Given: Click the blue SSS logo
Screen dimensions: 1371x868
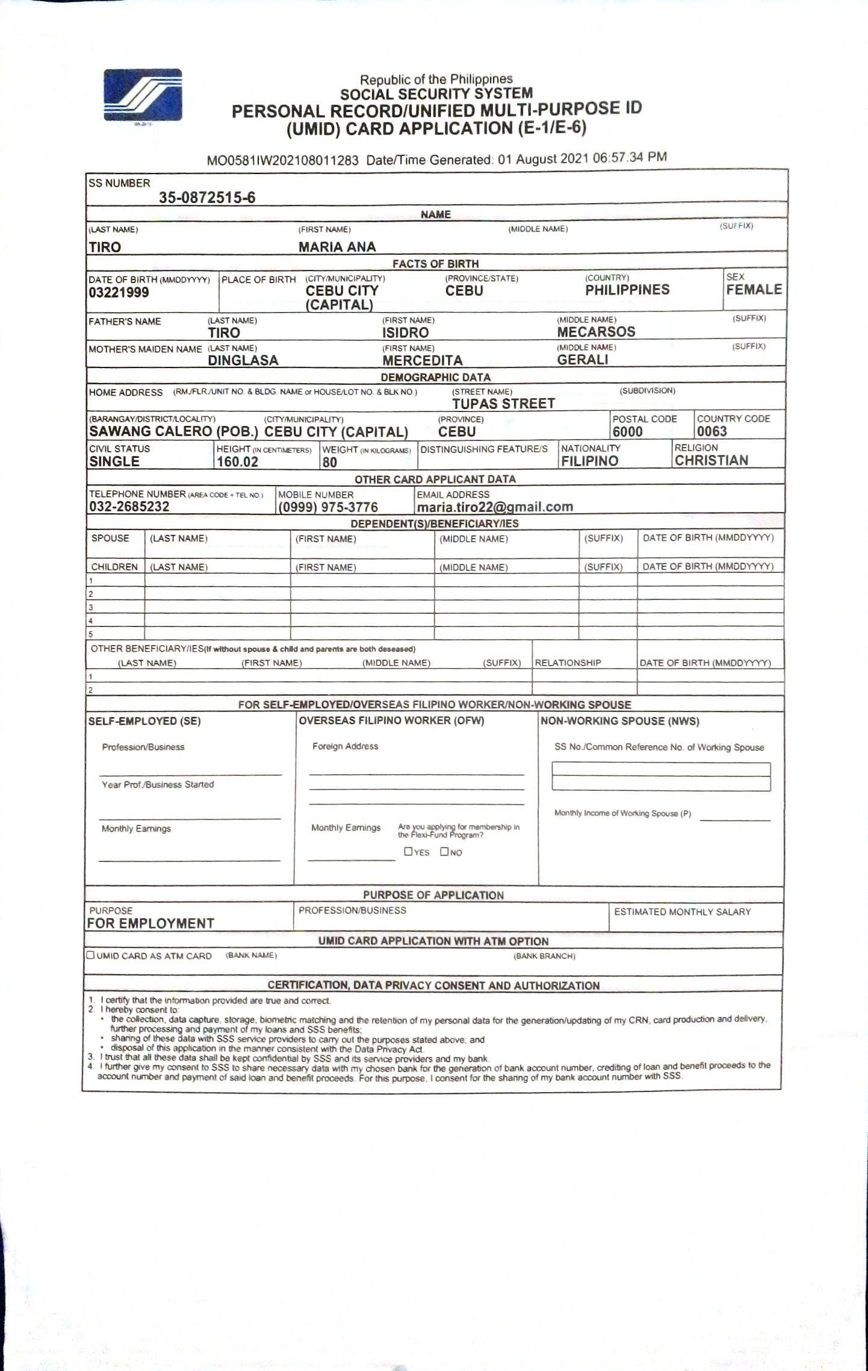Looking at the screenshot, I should tap(143, 95).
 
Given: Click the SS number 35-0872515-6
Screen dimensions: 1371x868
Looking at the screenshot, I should tap(207, 198).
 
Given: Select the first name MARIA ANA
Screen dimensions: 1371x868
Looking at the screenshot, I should tap(337, 247).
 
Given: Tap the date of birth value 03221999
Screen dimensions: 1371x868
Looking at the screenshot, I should tap(119, 293).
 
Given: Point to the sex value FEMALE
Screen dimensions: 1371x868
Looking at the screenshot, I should tap(754, 290).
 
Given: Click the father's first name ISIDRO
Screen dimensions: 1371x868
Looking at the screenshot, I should tap(405, 333).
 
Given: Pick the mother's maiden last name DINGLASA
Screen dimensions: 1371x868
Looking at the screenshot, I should tap(243, 360).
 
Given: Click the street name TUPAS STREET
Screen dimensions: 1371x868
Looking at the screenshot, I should tap(503, 404).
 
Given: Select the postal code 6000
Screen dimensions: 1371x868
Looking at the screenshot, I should tap(627, 431).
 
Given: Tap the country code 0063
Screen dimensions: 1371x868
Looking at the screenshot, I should tap(711, 431).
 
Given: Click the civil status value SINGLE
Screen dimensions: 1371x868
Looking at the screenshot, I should tap(114, 461).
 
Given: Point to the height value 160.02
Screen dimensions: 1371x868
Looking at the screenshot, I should tap(237, 462).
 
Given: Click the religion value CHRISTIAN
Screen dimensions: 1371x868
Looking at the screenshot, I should tap(711, 460).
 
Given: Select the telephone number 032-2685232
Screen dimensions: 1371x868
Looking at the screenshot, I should tap(129, 507).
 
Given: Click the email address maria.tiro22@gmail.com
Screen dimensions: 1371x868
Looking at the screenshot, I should tap(495, 507).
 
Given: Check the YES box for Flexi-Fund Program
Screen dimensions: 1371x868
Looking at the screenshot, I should tap(409, 851).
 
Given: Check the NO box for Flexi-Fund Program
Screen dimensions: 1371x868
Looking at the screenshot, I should tap(444, 851).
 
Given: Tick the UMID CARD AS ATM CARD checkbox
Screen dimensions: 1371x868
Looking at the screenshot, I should tap(91, 955).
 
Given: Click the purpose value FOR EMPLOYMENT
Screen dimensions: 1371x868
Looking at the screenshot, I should tap(150, 923).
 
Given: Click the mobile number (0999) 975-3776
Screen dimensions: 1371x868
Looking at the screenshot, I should tap(328, 507).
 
